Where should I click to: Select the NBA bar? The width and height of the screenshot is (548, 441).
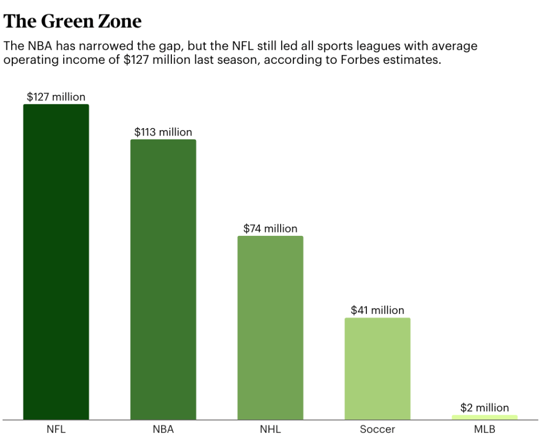[163, 279]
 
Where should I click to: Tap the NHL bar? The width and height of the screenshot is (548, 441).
[270, 327]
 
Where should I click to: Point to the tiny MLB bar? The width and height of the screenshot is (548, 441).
[484, 417]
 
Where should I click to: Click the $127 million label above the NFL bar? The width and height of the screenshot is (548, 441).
[56, 97]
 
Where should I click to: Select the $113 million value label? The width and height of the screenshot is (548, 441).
[163, 132]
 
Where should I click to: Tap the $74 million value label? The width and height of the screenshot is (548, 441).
[270, 229]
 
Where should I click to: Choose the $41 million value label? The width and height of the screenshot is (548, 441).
[377, 310]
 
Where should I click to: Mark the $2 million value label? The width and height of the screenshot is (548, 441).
[484, 408]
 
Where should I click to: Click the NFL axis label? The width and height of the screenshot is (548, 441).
[56, 429]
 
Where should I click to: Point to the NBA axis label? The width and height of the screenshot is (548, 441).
[163, 429]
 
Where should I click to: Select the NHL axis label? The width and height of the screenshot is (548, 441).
[270, 429]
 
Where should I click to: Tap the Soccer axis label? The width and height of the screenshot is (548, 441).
[377, 429]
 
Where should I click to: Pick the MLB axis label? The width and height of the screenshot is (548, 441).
[484, 429]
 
